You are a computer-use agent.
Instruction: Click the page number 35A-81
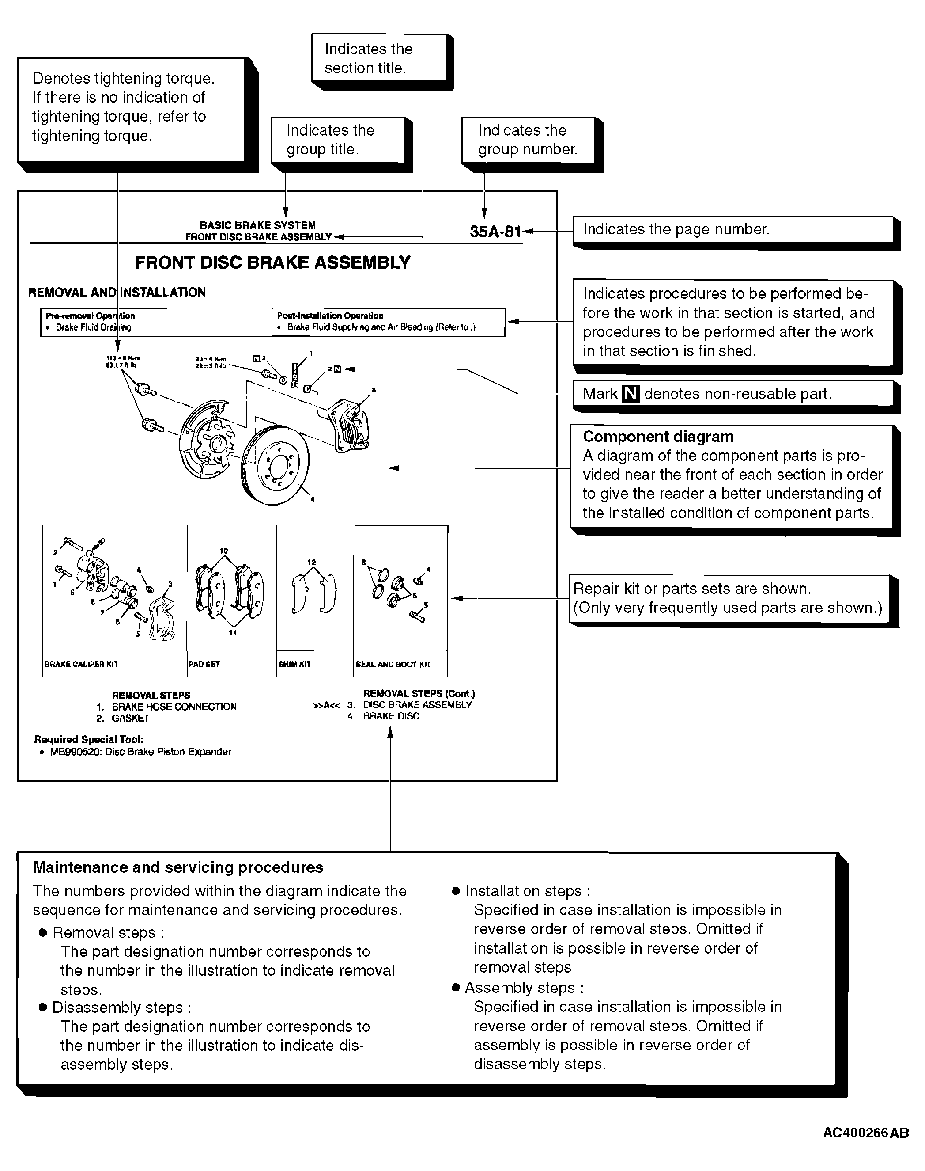(x=495, y=232)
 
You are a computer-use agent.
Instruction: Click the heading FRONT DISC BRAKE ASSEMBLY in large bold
(x=272, y=263)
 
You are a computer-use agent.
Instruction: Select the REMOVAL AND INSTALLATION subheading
(x=117, y=293)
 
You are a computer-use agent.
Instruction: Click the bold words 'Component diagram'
(x=658, y=437)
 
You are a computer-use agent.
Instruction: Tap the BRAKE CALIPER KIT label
(x=81, y=664)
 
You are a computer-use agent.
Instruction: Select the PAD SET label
(x=204, y=664)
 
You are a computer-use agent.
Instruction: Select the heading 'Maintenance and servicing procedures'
(x=178, y=867)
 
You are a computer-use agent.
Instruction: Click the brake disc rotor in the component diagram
(x=275, y=466)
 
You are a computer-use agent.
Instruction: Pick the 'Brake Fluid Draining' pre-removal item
(x=93, y=327)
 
